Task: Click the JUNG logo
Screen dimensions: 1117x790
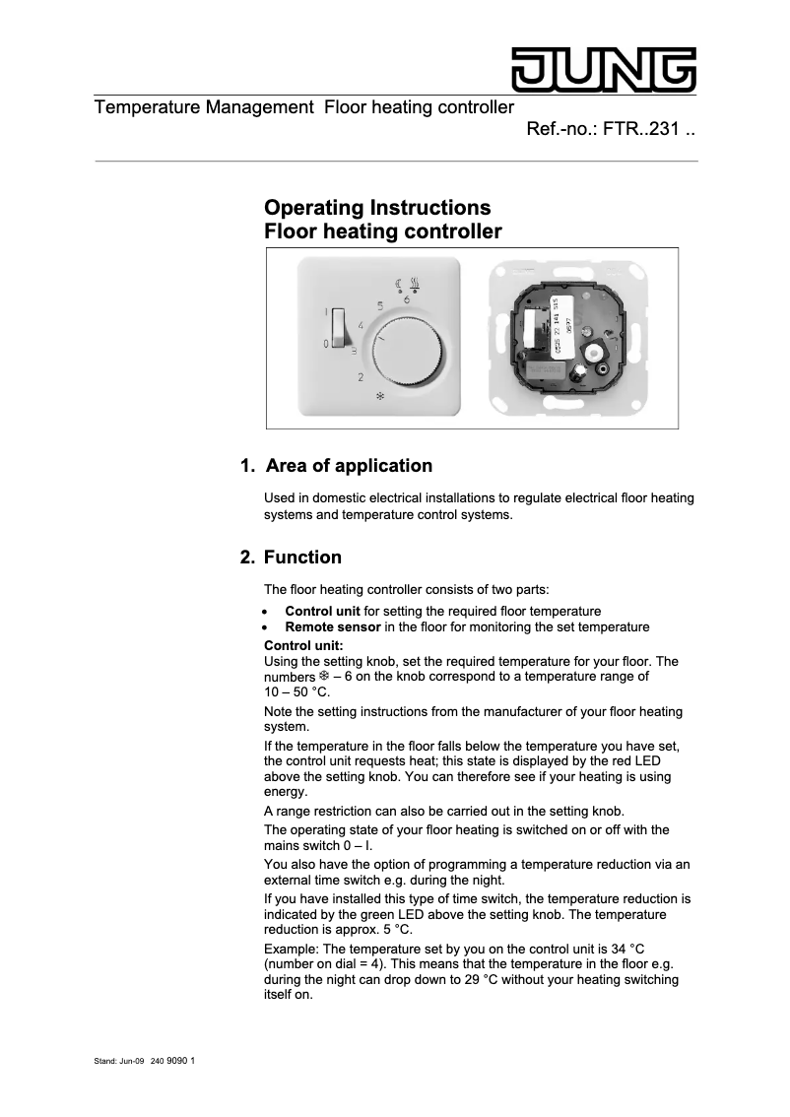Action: tap(602, 69)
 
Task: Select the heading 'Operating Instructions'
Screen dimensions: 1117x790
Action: tap(377, 208)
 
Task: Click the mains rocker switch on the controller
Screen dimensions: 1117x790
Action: tap(337, 328)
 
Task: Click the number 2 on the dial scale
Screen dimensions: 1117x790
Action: tap(362, 377)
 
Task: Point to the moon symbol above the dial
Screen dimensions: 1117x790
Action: tap(399, 284)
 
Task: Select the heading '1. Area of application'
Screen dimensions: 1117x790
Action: tap(337, 466)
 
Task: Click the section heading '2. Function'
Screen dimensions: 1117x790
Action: tap(292, 558)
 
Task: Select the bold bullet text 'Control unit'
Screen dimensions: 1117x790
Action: tap(322, 612)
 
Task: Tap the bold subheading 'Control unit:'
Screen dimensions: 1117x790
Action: tap(303, 646)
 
